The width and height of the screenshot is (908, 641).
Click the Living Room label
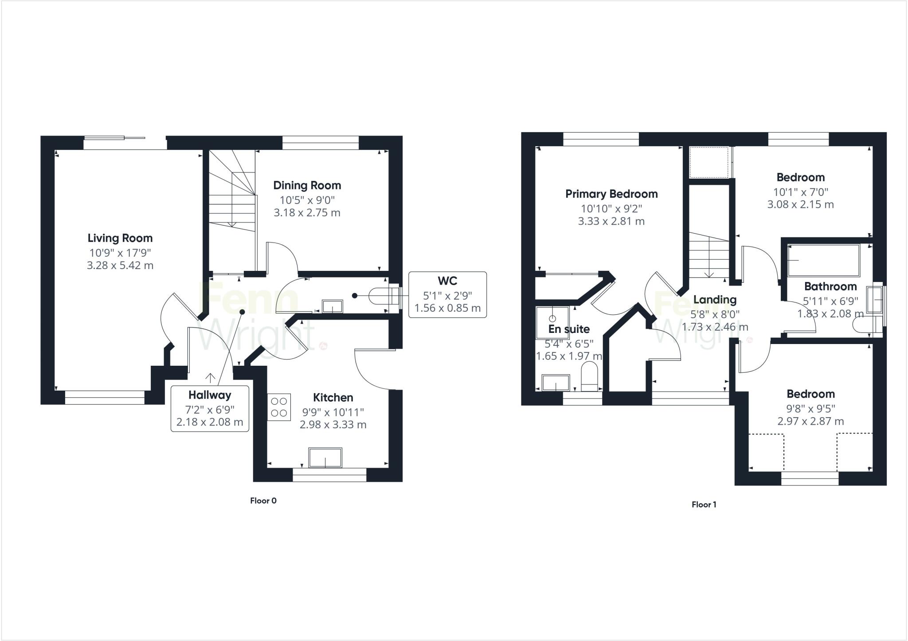tap(120, 238)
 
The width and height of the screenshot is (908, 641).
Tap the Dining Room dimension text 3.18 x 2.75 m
tap(307, 213)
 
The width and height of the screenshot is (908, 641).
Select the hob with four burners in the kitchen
tap(279, 407)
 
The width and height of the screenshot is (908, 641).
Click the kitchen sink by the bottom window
tap(325, 457)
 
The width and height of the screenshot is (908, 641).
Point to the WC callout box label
tap(447, 281)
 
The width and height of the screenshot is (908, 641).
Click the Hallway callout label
tap(209, 395)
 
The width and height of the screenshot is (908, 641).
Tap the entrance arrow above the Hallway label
tap(210, 378)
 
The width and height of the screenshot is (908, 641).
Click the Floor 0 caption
tap(263, 501)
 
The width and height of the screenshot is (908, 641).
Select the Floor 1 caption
tap(704, 504)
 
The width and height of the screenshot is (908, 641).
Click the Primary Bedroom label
tap(611, 194)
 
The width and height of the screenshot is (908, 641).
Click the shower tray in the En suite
tap(552, 321)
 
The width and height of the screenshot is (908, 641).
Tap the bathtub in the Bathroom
tap(823, 260)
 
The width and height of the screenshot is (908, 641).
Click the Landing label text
tap(715, 300)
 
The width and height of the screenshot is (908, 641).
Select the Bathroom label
tap(830, 286)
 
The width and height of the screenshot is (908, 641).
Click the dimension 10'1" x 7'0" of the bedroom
tap(800, 192)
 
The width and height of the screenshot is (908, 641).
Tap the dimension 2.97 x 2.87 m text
tap(810, 421)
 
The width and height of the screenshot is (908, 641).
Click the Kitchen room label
tap(333, 397)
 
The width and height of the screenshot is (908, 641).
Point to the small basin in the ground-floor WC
tap(333, 306)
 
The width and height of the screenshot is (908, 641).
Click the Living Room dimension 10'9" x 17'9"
tap(120, 253)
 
